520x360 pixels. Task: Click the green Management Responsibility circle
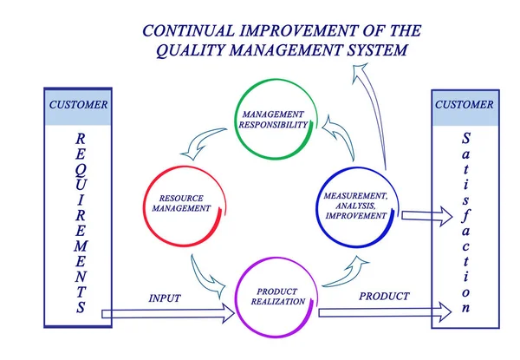273,120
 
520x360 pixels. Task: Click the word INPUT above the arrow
165,298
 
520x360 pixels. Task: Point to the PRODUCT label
384,297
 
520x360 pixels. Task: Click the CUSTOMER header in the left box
78,106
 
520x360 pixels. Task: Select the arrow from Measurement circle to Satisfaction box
419,215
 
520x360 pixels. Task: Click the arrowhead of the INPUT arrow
230,312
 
